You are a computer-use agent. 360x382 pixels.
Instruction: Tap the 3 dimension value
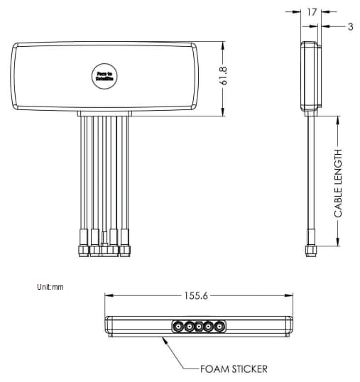(x=350, y=27)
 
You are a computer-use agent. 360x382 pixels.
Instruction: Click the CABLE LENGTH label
(x=338, y=182)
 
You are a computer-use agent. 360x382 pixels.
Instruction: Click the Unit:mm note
(x=50, y=288)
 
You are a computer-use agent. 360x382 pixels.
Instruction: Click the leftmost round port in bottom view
(x=176, y=327)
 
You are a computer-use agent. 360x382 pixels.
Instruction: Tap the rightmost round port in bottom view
(x=220, y=327)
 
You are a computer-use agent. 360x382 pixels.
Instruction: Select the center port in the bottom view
(x=199, y=327)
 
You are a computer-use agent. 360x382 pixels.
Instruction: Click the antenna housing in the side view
(x=309, y=76)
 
